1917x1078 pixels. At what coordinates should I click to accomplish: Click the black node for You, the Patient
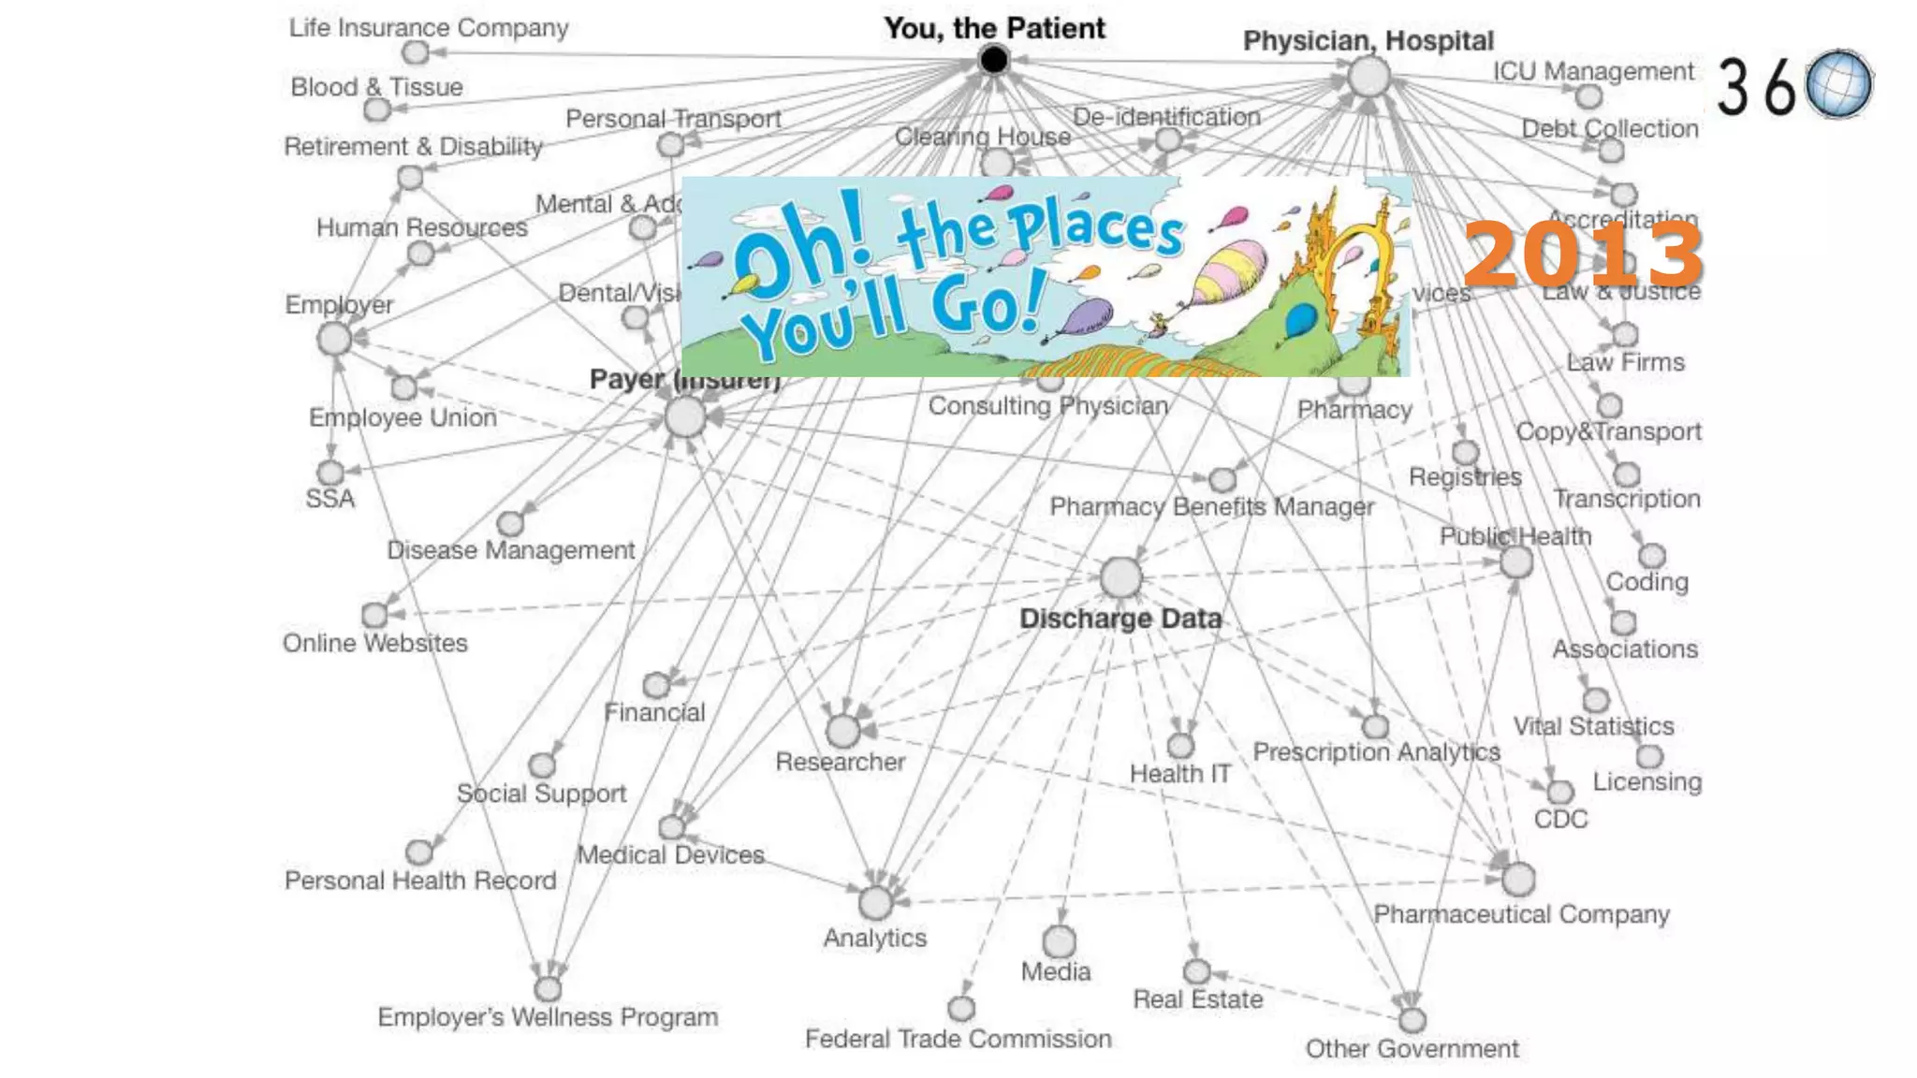tap(993, 60)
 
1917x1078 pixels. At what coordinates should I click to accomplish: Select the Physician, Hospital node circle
tap(1368, 76)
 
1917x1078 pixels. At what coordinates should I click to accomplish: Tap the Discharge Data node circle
tap(1120, 577)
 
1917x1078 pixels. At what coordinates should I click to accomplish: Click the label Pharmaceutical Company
tap(1521, 914)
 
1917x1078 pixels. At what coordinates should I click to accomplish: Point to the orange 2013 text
tap(1582, 255)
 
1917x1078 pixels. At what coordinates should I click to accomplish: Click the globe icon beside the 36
tap(1839, 84)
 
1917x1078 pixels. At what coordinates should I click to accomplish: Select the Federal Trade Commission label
tap(958, 1039)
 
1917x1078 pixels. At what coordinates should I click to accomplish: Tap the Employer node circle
tap(334, 339)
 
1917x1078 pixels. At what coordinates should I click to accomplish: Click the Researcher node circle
tap(842, 730)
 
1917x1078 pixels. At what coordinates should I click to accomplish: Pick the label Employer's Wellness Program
tap(548, 1017)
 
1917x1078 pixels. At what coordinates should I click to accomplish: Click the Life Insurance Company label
tap(429, 28)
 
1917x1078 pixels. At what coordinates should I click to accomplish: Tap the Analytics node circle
tap(875, 903)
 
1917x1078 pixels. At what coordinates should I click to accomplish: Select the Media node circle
tap(1059, 940)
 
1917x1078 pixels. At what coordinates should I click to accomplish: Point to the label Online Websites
tap(374, 643)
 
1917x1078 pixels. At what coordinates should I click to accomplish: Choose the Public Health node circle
tap(1516, 562)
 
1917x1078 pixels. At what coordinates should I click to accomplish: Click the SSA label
tap(329, 499)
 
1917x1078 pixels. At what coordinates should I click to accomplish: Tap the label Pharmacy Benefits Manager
tap(1211, 506)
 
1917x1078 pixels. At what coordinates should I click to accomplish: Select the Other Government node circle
tap(1412, 1019)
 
